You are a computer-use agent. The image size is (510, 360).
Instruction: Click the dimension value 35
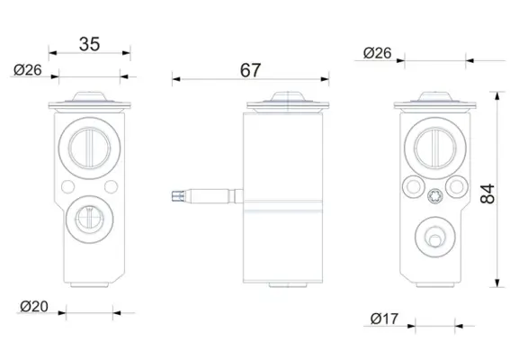tap(89, 44)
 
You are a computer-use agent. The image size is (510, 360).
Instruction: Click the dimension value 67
tap(250, 70)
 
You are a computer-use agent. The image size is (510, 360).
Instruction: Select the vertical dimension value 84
tap(488, 194)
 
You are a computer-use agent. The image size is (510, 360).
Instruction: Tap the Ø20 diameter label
tap(34, 306)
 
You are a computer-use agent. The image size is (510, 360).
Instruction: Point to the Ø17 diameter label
tap(384, 319)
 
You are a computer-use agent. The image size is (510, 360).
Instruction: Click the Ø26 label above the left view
tap(28, 70)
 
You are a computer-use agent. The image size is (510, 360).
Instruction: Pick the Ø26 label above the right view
tap(377, 53)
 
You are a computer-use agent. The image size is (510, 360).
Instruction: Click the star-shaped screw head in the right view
tap(434, 196)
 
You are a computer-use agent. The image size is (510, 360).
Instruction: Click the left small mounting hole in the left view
tap(68, 187)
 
